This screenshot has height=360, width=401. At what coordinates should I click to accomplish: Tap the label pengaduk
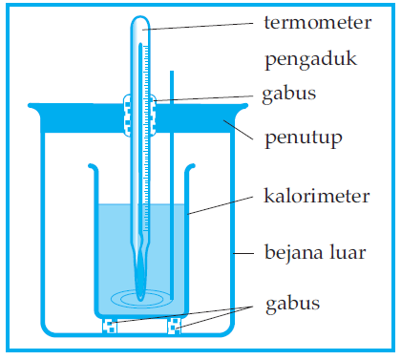pos(310,60)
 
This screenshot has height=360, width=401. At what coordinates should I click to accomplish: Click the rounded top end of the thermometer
pos(140,21)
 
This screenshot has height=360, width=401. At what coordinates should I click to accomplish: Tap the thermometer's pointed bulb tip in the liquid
pos(140,292)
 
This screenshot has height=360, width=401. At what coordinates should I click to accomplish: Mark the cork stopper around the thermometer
pos(140,113)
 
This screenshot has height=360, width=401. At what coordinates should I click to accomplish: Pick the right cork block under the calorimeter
pos(174,326)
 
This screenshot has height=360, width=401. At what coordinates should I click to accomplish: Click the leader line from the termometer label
pos(200,26)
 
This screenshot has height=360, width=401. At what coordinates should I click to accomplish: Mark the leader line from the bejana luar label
pos(245,254)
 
